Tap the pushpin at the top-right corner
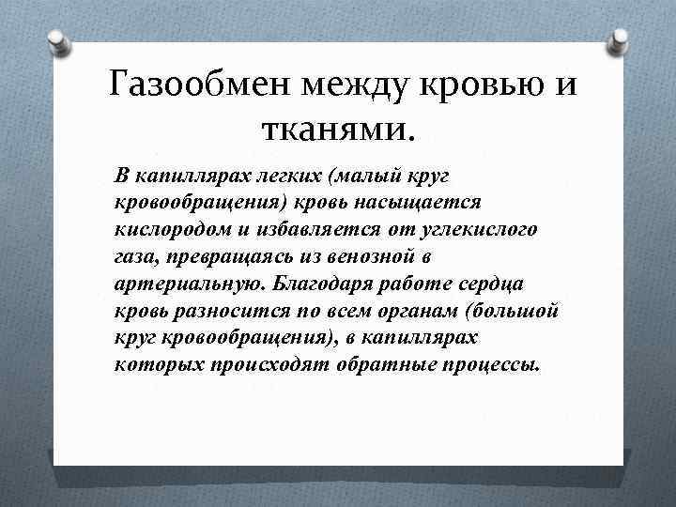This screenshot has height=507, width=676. tap(621, 42)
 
